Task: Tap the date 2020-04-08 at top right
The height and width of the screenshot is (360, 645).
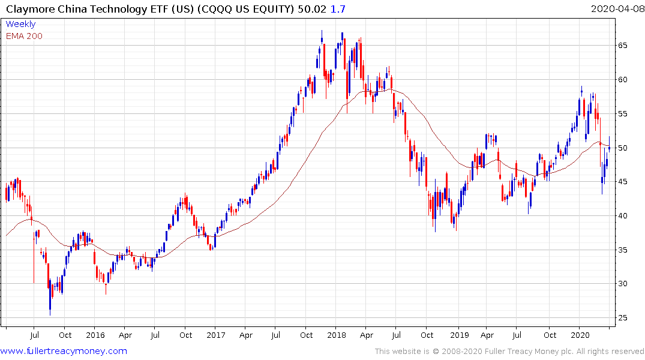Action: click(616, 8)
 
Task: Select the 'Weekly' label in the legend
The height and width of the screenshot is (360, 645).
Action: click(20, 24)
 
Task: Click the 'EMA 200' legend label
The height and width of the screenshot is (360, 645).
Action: click(24, 35)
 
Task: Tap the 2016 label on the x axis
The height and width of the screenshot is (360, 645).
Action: click(95, 335)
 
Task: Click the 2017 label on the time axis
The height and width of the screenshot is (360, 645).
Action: click(215, 335)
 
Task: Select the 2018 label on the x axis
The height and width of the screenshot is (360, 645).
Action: click(337, 335)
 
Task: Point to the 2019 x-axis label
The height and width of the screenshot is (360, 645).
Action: click(459, 335)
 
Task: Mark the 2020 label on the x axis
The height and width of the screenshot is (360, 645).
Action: click(580, 335)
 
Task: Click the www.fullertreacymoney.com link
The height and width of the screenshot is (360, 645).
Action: click(64, 351)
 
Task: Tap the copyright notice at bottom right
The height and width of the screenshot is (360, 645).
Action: click(509, 352)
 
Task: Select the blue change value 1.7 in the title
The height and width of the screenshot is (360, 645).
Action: click(338, 8)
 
